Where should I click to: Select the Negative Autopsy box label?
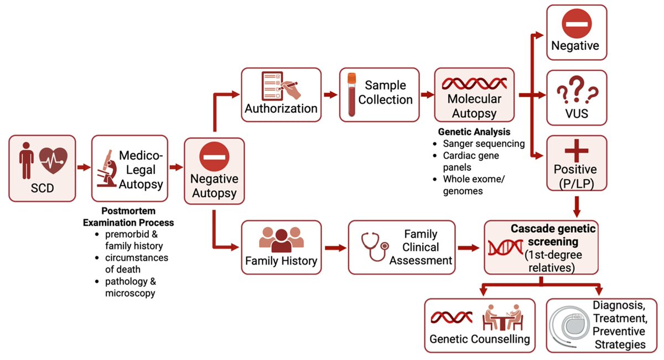(214, 186)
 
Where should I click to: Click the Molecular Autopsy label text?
(474, 106)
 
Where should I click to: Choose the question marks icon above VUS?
(576, 90)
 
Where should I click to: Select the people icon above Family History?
(281, 238)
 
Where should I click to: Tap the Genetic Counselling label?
(480, 338)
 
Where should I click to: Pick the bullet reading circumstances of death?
(137, 263)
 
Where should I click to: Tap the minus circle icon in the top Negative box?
(576, 24)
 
